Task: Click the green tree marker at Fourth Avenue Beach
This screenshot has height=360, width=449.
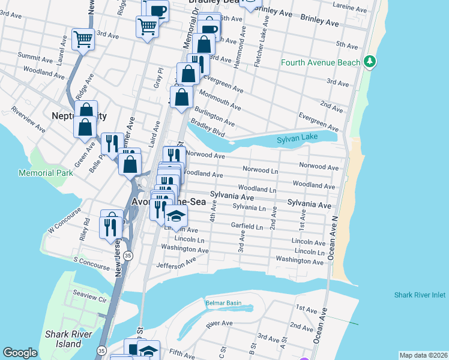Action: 370,62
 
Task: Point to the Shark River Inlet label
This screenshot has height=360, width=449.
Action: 420,295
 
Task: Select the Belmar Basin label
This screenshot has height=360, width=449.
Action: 223,303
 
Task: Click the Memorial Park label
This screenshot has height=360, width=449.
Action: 45,173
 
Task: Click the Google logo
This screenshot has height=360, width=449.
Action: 20,353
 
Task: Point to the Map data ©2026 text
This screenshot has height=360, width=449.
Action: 423,355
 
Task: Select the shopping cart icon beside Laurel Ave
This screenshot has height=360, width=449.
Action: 83,40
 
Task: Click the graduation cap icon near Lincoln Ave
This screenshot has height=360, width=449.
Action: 176,216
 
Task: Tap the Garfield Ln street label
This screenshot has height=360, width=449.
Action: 247,227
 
